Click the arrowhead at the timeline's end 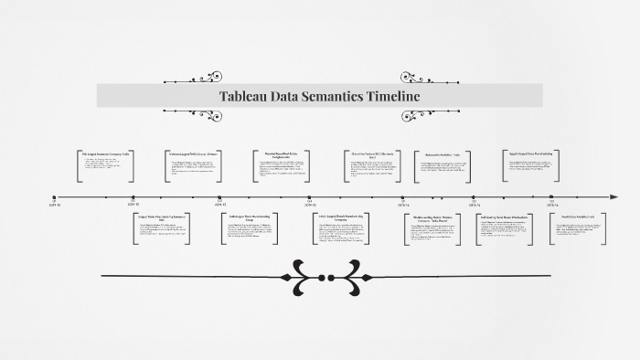[x=615, y=196]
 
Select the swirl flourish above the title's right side [x=418, y=77]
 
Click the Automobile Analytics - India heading [x=443, y=155]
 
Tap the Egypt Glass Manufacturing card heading [x=529, y=153]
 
